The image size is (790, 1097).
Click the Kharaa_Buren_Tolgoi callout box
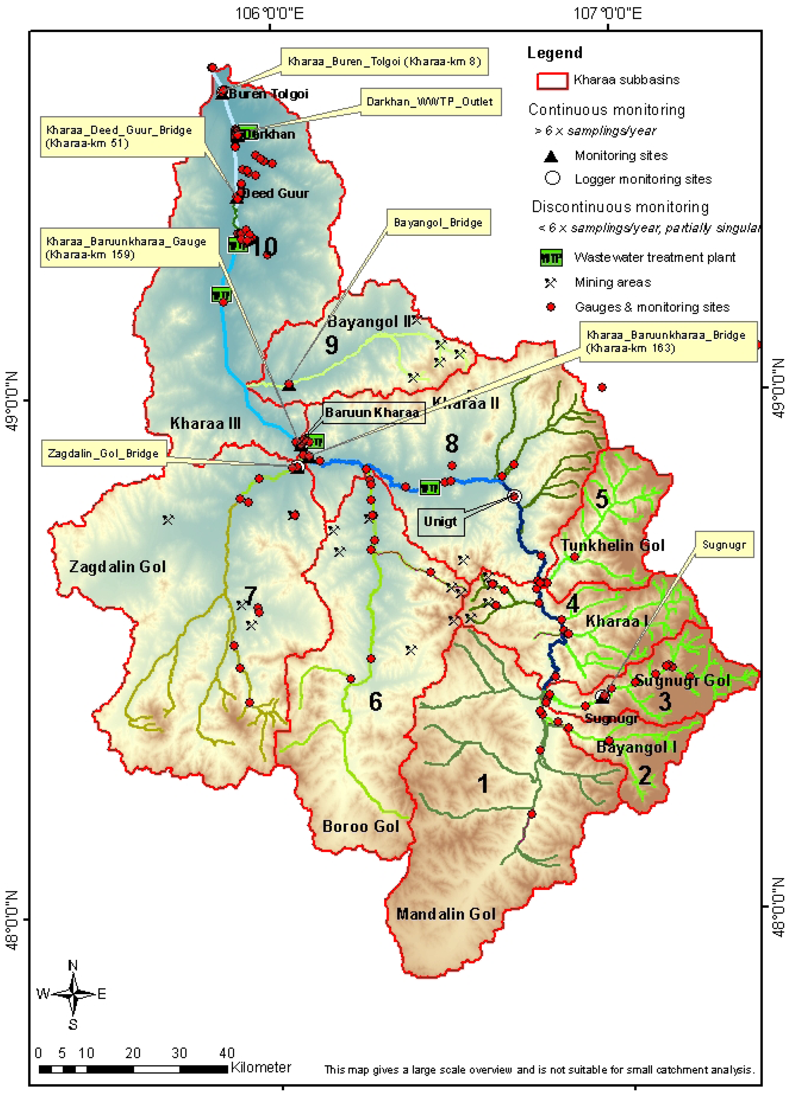(x=384, y=61)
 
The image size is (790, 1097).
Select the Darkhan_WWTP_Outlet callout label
(x=430, y=102)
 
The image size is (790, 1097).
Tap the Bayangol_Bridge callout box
(x=438, y=223)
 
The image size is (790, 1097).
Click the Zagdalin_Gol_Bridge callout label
(x=104, y=453)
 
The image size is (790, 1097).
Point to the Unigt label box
(x=440, y=521)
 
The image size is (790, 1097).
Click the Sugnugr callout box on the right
(x=724, y=545)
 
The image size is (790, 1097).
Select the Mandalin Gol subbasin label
(x=446, y=914)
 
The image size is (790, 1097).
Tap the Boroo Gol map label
(x=361, y=826)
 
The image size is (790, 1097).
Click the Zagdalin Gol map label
(x=118, y=566)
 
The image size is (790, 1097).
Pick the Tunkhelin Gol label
(x=612, y=546)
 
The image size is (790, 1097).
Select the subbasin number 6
(x=375, y=702)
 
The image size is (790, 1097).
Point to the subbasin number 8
(x=451, y=443)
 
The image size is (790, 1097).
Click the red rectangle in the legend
(x=552, y=81)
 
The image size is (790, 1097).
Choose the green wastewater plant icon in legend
(x=551, y=258)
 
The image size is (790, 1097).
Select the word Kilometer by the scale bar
(x=261, y=1067)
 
